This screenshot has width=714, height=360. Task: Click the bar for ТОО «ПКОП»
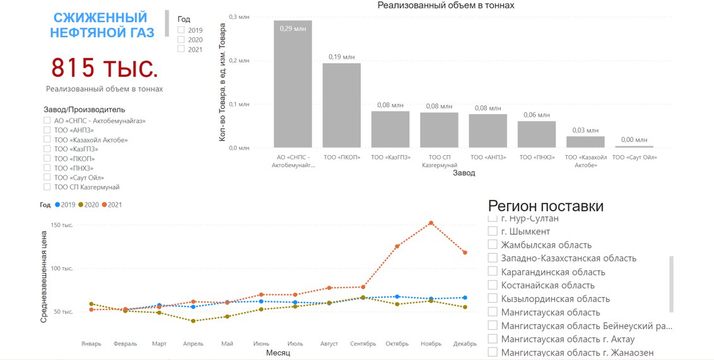click(341, 105)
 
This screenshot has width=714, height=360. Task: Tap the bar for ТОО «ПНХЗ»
click(537, 134)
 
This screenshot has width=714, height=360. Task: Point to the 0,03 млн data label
click(585, 130)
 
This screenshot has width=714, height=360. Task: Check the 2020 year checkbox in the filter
click(181, 40)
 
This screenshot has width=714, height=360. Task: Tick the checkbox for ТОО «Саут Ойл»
click(47, 178)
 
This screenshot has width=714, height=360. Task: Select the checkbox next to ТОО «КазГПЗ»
click(47, 149)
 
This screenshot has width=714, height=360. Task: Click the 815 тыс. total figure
click(104, 67)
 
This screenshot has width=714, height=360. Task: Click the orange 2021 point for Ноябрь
click(431, 223)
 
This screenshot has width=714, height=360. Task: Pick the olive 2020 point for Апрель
click(193, 321)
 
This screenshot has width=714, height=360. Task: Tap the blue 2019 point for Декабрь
click(465, 298)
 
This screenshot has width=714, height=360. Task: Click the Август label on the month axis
click(329, 344)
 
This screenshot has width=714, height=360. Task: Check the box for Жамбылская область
click(493, 245)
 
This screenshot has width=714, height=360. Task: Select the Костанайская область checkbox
click(493, 285)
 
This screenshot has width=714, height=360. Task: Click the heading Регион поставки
click(546, 206)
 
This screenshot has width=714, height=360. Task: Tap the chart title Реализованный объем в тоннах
click(445, 5)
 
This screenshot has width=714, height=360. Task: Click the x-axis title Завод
click(463, 173)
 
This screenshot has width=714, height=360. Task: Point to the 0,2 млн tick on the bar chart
click(239, 61)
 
